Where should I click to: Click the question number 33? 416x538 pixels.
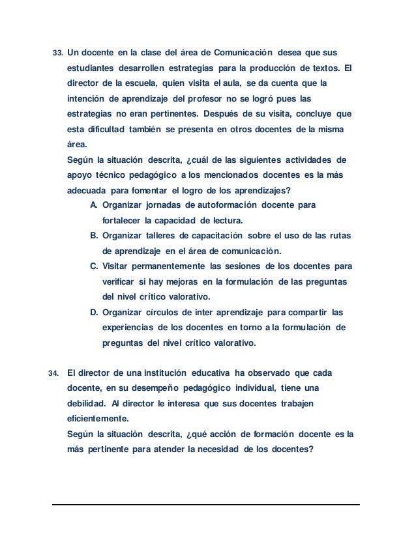(x=56, y=51)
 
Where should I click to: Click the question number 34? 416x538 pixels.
(x=53, y=373)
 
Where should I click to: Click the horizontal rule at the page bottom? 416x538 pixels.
(x=207, y=504)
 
